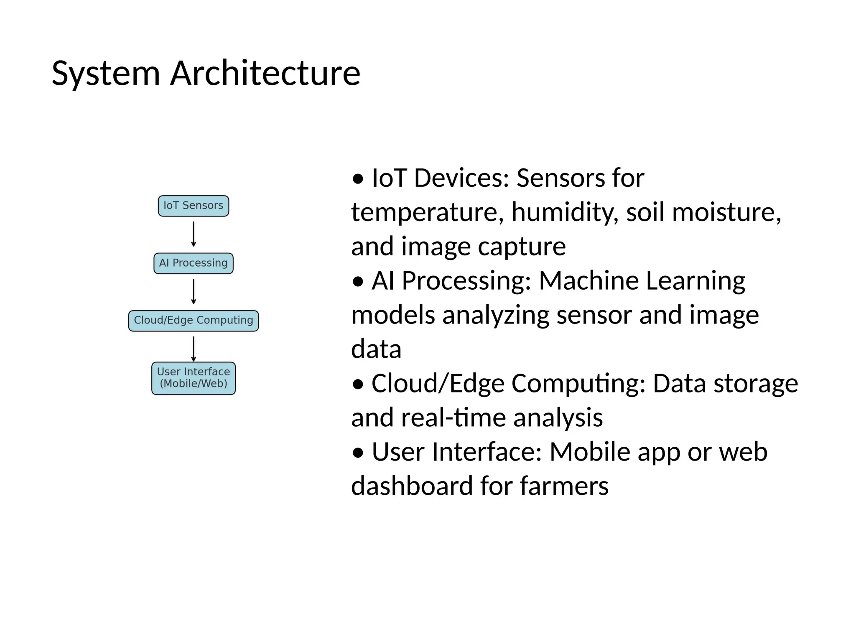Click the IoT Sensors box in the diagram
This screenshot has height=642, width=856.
coord(193,206)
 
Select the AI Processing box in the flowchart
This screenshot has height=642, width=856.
coord(193,263)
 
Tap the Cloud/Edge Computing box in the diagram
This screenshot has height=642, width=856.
coord(193,321)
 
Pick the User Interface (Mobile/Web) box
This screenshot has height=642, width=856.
coord(193,378)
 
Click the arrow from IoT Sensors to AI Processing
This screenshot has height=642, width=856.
coord(193,234)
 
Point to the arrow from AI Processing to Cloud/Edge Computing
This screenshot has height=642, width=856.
coord(193,292)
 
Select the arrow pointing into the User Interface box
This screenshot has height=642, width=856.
coord(193,349)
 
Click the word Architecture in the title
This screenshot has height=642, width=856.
coord(265,74)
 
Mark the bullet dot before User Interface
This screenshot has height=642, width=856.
coord(358,453)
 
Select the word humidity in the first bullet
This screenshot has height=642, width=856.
coord(565,212)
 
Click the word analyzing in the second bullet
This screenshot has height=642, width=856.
coord(496,316)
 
